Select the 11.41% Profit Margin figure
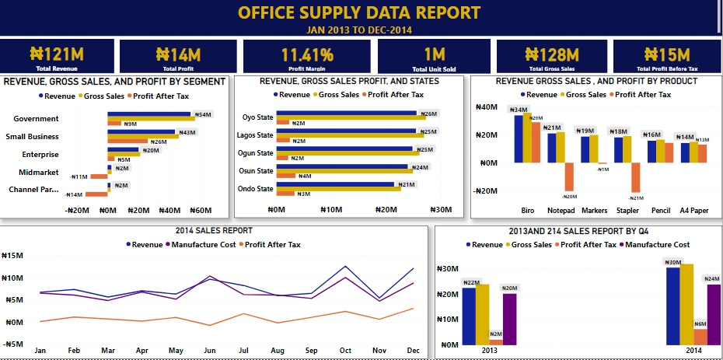click(x=307, y=54)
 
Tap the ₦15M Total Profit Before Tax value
click(x=666, y=54)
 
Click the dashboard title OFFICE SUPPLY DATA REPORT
click(x=359, y=12)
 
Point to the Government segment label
click(x=36, y=119)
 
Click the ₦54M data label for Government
click(x=203, y=114)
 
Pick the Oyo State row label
click(x=257, y=117)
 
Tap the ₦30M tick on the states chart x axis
click(x=441, y=210)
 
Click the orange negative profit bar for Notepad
click(x=568, y=177)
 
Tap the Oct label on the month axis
click(x=346, y=351)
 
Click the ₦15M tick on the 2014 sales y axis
click(x=15, y=256)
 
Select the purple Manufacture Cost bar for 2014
click(x=713, y=314)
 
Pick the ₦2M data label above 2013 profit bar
click(x=495, y=334)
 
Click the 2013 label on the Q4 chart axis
click(x=490, y=351)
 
